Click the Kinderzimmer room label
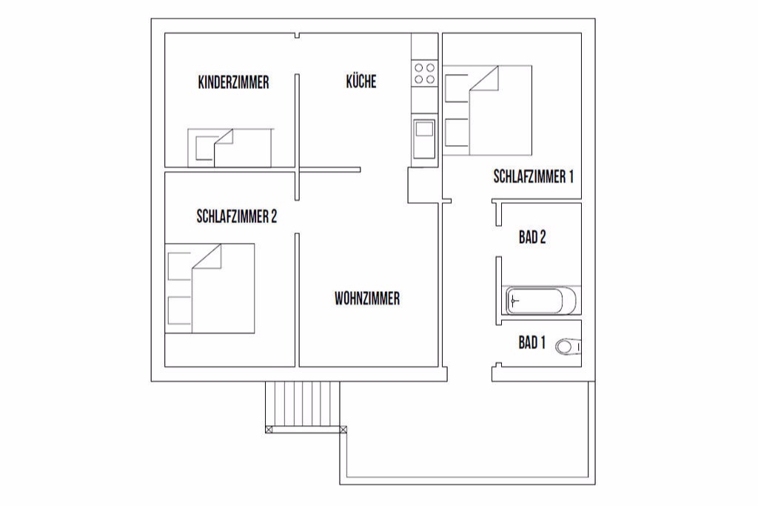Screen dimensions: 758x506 pyautogui.click(x=233, y=82)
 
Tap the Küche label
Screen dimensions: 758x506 pyautogui.click(x=361, y=81)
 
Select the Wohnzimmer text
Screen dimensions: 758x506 pyautogui.click(x=367, y=298)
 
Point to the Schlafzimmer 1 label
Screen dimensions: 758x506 pyautogui.click(x=533, y=176)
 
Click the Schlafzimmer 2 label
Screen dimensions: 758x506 pyautogui.click(x=236, y=216)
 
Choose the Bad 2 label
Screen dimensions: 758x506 pyautogui.click(x=532, y=237)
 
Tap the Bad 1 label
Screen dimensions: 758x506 pyautogui.click(x=531, y=342)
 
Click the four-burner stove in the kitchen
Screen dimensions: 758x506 pyautogui.click(x=424, y=73)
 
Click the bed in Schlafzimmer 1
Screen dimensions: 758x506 pyautogui.click(x=487, y=110)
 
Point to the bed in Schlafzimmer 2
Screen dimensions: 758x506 pyautogui.click(x=209, y=288)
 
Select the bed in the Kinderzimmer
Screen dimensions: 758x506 pyautogui.click(x=230, y=148)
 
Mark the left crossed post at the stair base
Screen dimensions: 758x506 pyautogui.click(x=269, y=429)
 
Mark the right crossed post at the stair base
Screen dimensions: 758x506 pyautogui.click(x=343, y=429)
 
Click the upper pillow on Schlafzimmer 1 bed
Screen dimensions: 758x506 pyautogui.click(x=456, y=88)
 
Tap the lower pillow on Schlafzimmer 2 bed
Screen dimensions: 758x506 pyautogui.click(x=179, y=310)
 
